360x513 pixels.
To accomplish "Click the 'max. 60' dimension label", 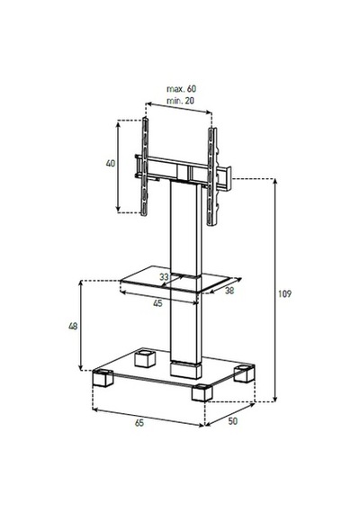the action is pyautogui.click(x=182, y=89).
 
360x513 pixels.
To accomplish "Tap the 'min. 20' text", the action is pyautogui.click(x=180, y=101).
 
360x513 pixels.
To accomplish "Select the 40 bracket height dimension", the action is pyautogui.click(x=111, y=163).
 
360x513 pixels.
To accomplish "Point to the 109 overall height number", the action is pyautogui.click(x=284, y=293).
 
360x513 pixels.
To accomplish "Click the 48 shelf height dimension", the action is pyautogui.click(x=73, y=326).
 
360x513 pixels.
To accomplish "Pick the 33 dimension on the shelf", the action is pyautogui.click(x=164, y=277).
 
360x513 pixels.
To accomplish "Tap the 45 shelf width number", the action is pyautogui.click(x=157, y=303).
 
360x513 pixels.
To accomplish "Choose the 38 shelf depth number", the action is pyautogui.click(x=229, y=290).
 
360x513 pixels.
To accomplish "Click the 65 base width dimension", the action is pyautogui.click(x=139, y=423).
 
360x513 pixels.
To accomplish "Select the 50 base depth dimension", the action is pyautogui.click(x=233, y=421).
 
